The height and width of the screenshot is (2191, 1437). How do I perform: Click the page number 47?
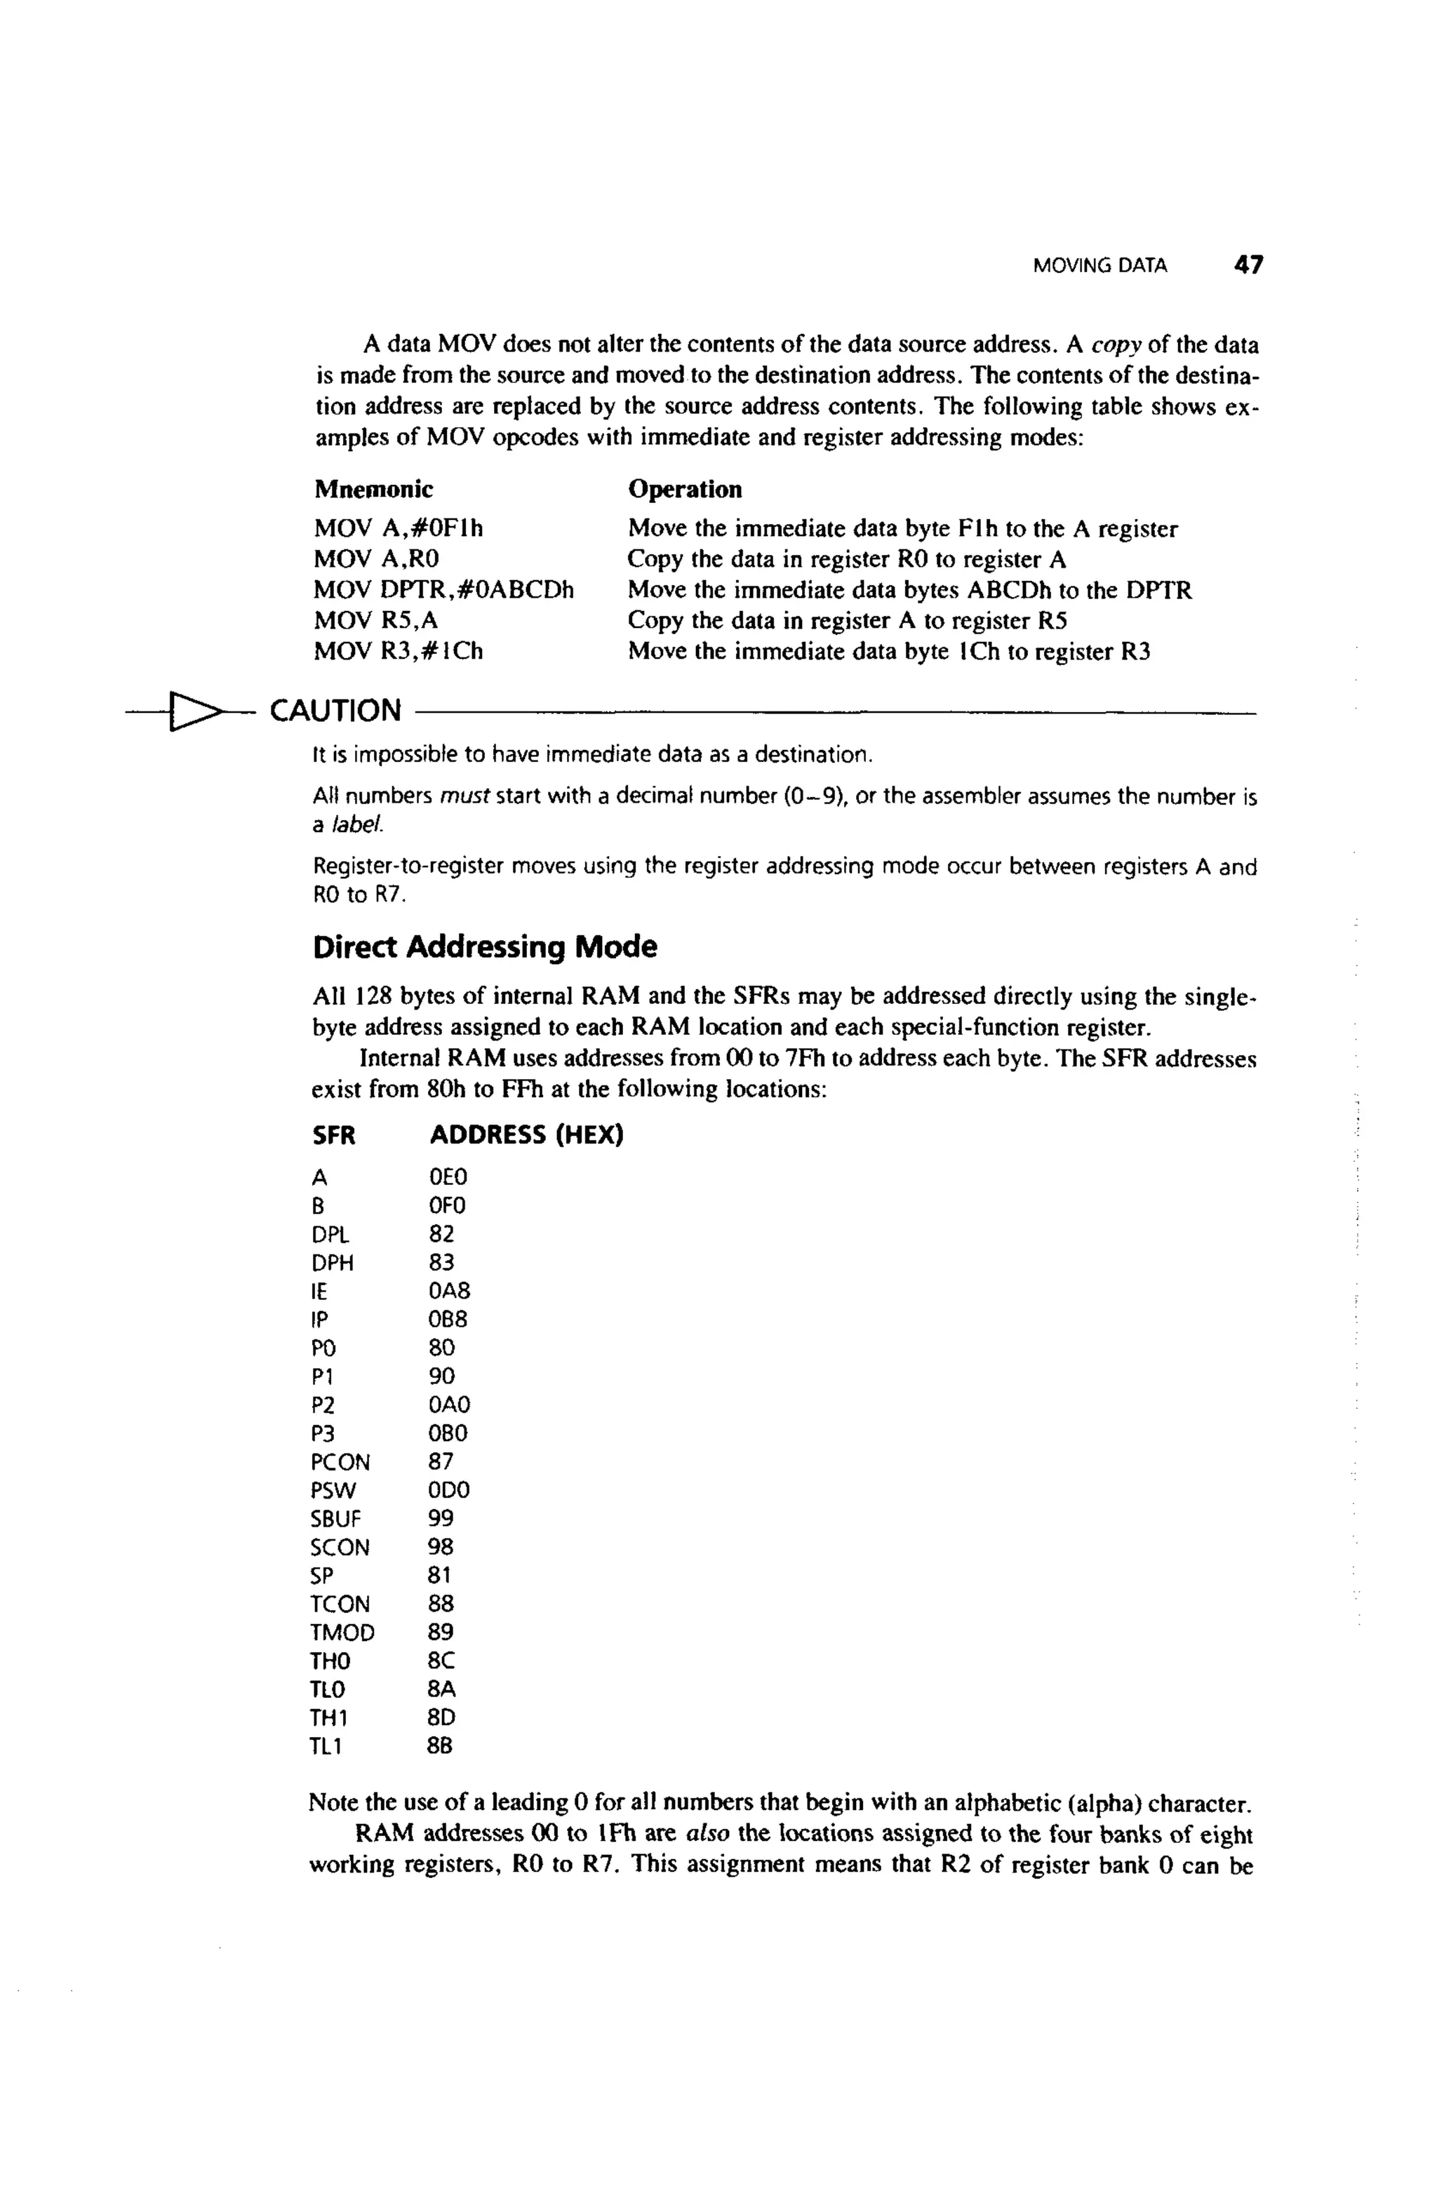pyautogui.click(x=1248, y=265)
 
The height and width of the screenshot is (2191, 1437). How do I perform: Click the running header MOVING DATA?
pyautogui.click(x=1100, y=266)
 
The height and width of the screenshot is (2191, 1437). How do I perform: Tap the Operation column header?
pyautogui.click(x=685, y=489)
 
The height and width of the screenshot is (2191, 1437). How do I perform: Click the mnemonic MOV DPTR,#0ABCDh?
pyautogui.click(x=443, y=590)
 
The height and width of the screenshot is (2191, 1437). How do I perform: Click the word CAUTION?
pyautogui.click(x=335, y=711)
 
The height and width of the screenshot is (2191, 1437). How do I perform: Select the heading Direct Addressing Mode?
pyautogui.click(x=484, y=946)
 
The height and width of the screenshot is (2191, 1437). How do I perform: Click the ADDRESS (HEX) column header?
pyautogui.click(x=526, y=1135)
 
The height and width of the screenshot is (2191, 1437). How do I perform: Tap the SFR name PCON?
pyautogui.click(x=340, y=1462)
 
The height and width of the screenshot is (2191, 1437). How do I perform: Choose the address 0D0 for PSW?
pyautogui.click(x=449, y=1490)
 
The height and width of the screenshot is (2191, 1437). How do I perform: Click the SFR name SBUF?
pyautogui.click(x=336, y=1519)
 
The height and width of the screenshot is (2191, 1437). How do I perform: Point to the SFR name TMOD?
pyautogui.click(x=342, y=1633)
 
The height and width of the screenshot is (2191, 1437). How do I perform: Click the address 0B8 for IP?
pyautogui.click(x=448, y=1319)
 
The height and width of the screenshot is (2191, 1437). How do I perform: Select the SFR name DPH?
pyautogui.click(x=333, y=1262)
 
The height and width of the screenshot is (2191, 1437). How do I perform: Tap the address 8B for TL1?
pyautogui.click(x=441, y=1746)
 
